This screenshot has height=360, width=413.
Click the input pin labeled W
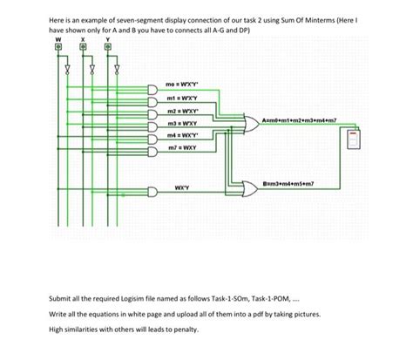(x=59, y=47)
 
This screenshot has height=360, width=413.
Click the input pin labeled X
(x=84, y=47)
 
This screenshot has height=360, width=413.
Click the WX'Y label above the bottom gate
(x=183, y=186)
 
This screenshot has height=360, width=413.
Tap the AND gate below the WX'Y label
(x=154, y=194)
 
